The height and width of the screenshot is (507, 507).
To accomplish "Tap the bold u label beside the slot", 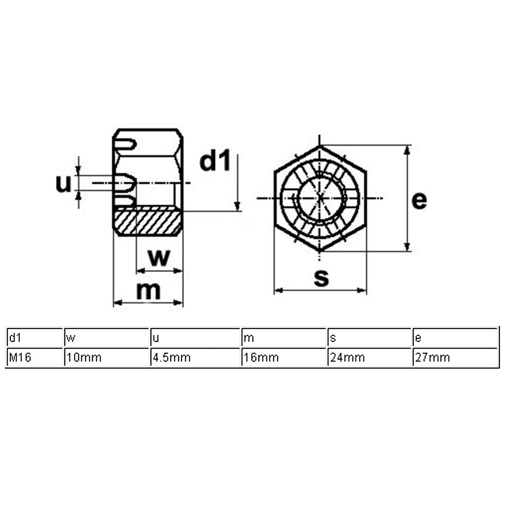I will (64, 184).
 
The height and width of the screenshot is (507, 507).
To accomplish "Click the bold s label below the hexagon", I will (321, 277).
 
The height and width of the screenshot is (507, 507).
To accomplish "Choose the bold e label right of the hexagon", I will (419, 200).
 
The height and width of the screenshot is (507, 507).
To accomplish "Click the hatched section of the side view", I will (147, 222).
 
